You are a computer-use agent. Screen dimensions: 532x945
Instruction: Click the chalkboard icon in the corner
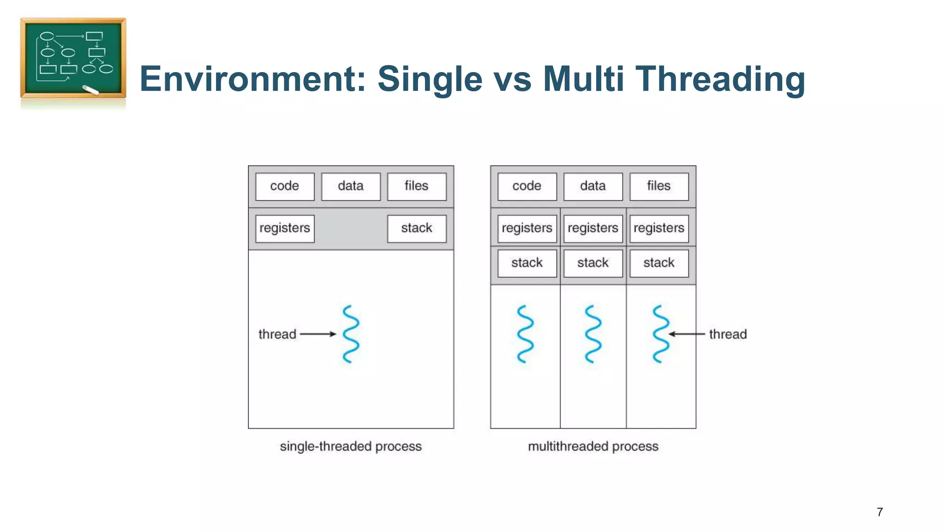tap(73, 58)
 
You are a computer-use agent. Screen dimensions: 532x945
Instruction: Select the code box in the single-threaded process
tap(285, 187)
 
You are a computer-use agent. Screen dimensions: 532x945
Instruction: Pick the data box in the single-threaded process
tap(351, 187)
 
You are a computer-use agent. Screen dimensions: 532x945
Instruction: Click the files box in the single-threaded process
tap(417, 187)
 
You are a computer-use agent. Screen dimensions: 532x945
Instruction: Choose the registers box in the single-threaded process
tap(285, 229)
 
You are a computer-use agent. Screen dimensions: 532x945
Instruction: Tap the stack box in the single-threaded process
tap(417, 229)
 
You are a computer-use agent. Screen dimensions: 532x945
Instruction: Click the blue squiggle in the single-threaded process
tap(351, 334)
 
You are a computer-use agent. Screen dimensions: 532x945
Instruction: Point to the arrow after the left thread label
tap(318, 334)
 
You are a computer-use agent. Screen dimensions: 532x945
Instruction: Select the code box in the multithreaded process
tap(527, 187)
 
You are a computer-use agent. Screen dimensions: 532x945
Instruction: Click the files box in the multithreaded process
tap(659, 187)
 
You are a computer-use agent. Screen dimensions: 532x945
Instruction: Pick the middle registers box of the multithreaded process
tap(593, 229)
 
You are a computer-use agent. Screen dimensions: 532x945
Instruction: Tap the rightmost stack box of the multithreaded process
tap(659, 263)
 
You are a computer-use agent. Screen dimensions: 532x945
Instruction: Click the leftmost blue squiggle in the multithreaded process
tap(525, 334)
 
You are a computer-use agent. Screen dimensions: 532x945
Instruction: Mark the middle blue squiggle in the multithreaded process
tap(593, 334)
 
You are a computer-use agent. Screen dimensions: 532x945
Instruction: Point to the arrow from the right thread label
tap(687, 334)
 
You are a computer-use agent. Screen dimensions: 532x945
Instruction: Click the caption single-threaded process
tap(351, 447)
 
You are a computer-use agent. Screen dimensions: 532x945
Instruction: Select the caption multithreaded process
tap(593, 447)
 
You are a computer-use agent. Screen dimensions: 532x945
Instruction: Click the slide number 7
tap(879, 512)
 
